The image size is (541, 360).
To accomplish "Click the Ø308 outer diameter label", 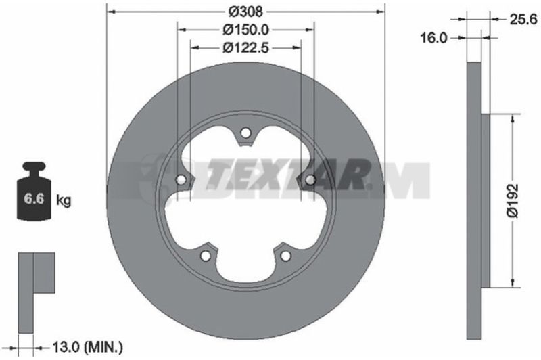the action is [x=245, y=12].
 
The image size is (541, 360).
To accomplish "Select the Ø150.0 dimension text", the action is [x=245, y=30].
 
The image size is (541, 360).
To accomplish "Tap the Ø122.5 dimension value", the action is [x=245, y=48].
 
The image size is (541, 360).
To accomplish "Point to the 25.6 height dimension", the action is [x=523, y=20].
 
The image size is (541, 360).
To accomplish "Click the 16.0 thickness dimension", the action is [x=433, y=38].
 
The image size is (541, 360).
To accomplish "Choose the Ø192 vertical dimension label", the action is [x=513, y=200].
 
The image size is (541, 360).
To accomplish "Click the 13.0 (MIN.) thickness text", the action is [x=87, y=347].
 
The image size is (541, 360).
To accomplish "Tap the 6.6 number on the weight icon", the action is [x=34, y=199].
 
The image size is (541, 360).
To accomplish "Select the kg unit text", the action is [x=64, y=200].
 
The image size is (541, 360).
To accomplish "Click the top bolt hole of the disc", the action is [x=245, y=133].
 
